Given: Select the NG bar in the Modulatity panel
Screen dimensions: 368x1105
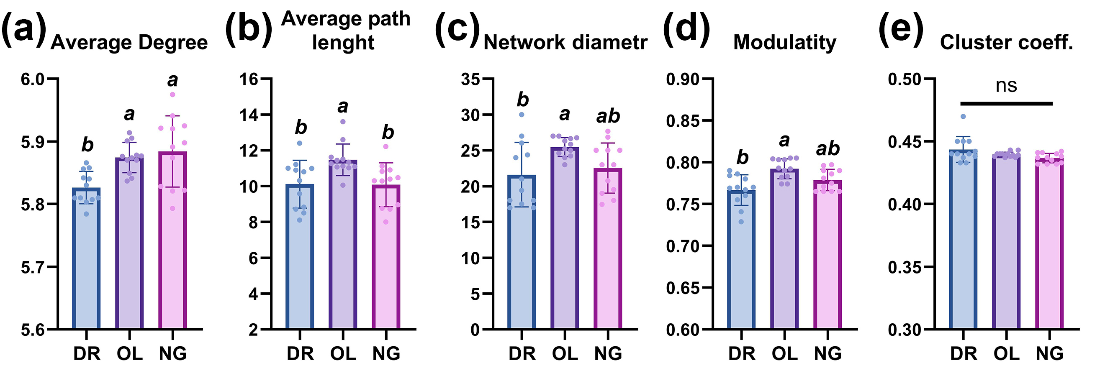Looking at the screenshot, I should coord(827,257).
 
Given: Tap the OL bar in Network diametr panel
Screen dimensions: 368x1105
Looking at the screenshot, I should coord(565,240).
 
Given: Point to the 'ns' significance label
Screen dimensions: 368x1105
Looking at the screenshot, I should coord(1006,86).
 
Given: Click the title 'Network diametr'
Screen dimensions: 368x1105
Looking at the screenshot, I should coord(565,42).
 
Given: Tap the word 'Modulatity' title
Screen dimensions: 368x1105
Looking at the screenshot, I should coord(784,42).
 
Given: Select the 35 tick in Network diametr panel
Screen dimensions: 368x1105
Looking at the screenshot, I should coord(470,79).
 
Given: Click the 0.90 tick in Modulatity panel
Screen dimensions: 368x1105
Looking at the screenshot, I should coord(683,79).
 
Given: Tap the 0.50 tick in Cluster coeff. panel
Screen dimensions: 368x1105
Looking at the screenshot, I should coord(905,79).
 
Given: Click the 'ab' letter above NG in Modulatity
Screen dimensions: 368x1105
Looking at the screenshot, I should coord(827,148).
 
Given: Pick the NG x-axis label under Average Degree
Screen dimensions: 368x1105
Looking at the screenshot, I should coord(173,354).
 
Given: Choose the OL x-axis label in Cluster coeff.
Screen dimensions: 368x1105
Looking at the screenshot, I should coord(1006,354).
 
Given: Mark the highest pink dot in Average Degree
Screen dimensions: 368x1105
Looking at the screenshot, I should coord(172,95).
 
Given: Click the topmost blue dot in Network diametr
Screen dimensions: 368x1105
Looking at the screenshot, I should coord(522,115).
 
